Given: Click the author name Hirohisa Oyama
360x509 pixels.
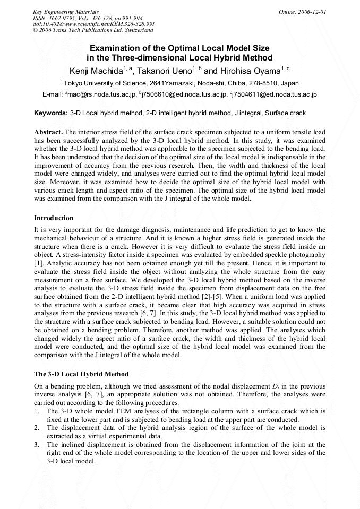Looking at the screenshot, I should tap(250, 71).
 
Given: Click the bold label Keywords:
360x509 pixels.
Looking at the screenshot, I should tap(51, 113).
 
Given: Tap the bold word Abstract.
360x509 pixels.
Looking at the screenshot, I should tap(48, 132).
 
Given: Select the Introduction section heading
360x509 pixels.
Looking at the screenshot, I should tap(54, 218).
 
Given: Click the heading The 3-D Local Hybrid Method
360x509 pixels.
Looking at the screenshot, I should tap(81, 374).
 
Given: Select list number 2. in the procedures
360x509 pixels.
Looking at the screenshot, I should tap(37, 427).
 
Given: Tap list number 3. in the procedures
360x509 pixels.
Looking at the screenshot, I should tap(37, 444).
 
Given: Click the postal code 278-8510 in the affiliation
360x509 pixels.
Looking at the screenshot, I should tap(256, 83).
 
